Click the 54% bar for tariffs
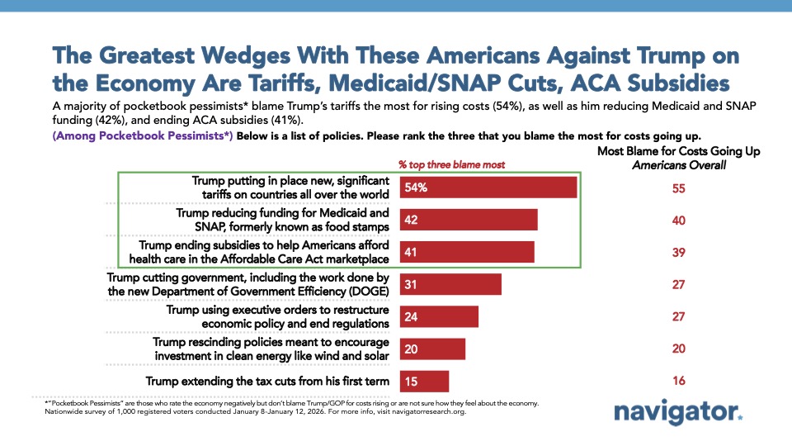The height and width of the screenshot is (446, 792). tap(488, 188)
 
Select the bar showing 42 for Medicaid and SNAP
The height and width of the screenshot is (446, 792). tap(469, 220)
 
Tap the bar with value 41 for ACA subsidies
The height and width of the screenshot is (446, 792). tap(467, 251)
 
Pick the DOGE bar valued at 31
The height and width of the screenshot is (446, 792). tap(450, 284)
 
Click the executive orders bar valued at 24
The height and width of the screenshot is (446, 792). tap(439, 316)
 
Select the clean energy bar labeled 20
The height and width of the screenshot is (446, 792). tap(432, 349)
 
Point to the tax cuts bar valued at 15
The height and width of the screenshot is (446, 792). tap(424, 381)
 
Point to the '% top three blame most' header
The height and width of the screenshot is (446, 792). tap(453, 164)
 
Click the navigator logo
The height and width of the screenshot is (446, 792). tap(678, 412)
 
